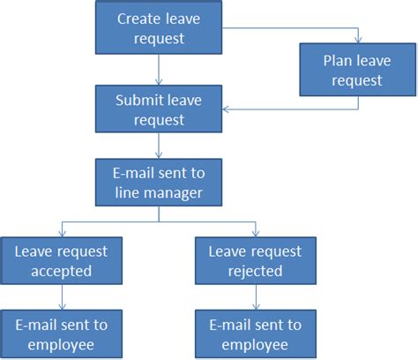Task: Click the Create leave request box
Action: click(159, 28)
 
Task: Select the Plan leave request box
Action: click(357, 70)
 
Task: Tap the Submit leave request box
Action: click(159, 109)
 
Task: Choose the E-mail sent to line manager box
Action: click(159, 181)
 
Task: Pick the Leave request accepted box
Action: click(61, 261)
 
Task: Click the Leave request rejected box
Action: click(256, 261)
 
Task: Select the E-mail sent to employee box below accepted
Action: click(61, 334)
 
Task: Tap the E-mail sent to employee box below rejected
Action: click(256, 334)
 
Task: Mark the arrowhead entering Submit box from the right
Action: click(226, 109)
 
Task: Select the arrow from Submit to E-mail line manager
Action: click(159, 145)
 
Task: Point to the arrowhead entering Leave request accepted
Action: click(61, 234)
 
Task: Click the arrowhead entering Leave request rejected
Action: click(256, 234)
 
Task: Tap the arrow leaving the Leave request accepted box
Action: click(61, 297)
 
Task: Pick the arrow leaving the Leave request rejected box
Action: click(256, 297)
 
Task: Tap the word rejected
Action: click(256, 271)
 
